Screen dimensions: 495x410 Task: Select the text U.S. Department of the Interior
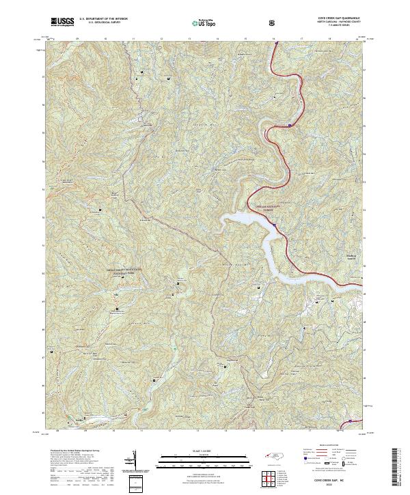click(x=102, y=20)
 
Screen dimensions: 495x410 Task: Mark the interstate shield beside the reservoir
click(x=274, y=224)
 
